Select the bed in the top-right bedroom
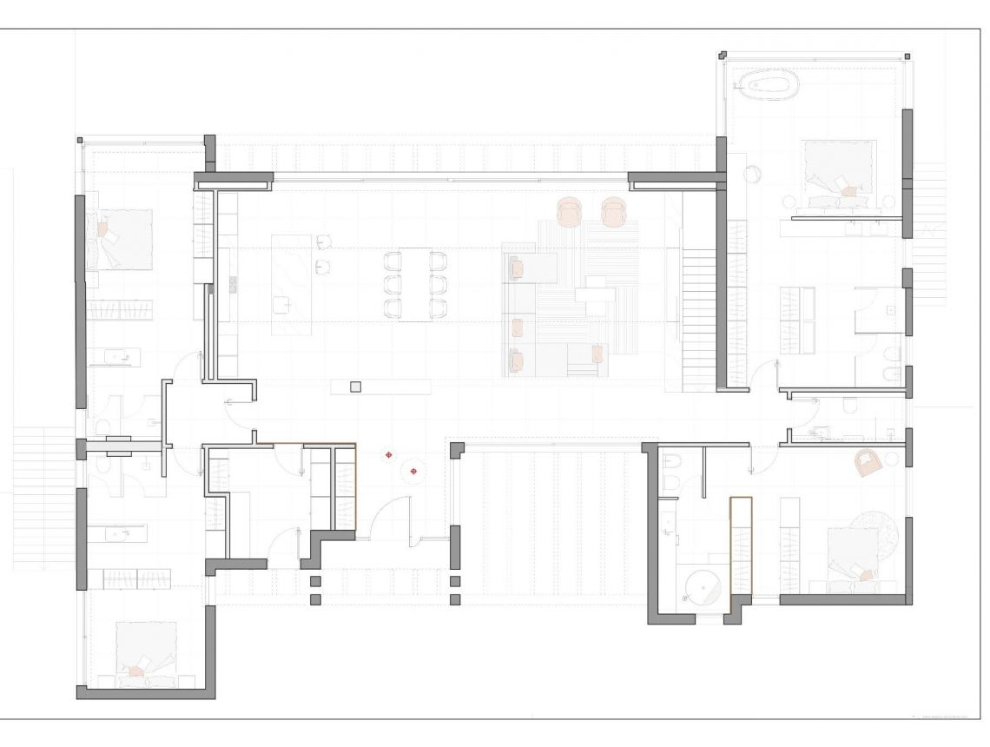pos(838,174)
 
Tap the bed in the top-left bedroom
pos(122,239)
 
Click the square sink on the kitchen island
pos(282,304)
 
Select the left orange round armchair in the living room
pos(570,211)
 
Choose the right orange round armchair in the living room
pos(613,211)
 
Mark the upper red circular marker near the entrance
pos(390,454)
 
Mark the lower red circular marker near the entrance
pos(413,471)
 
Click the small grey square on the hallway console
pos(355,387)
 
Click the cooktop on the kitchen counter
pos(233,284)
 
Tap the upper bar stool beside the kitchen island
pos(325,242)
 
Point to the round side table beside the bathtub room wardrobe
pos(752,174)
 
